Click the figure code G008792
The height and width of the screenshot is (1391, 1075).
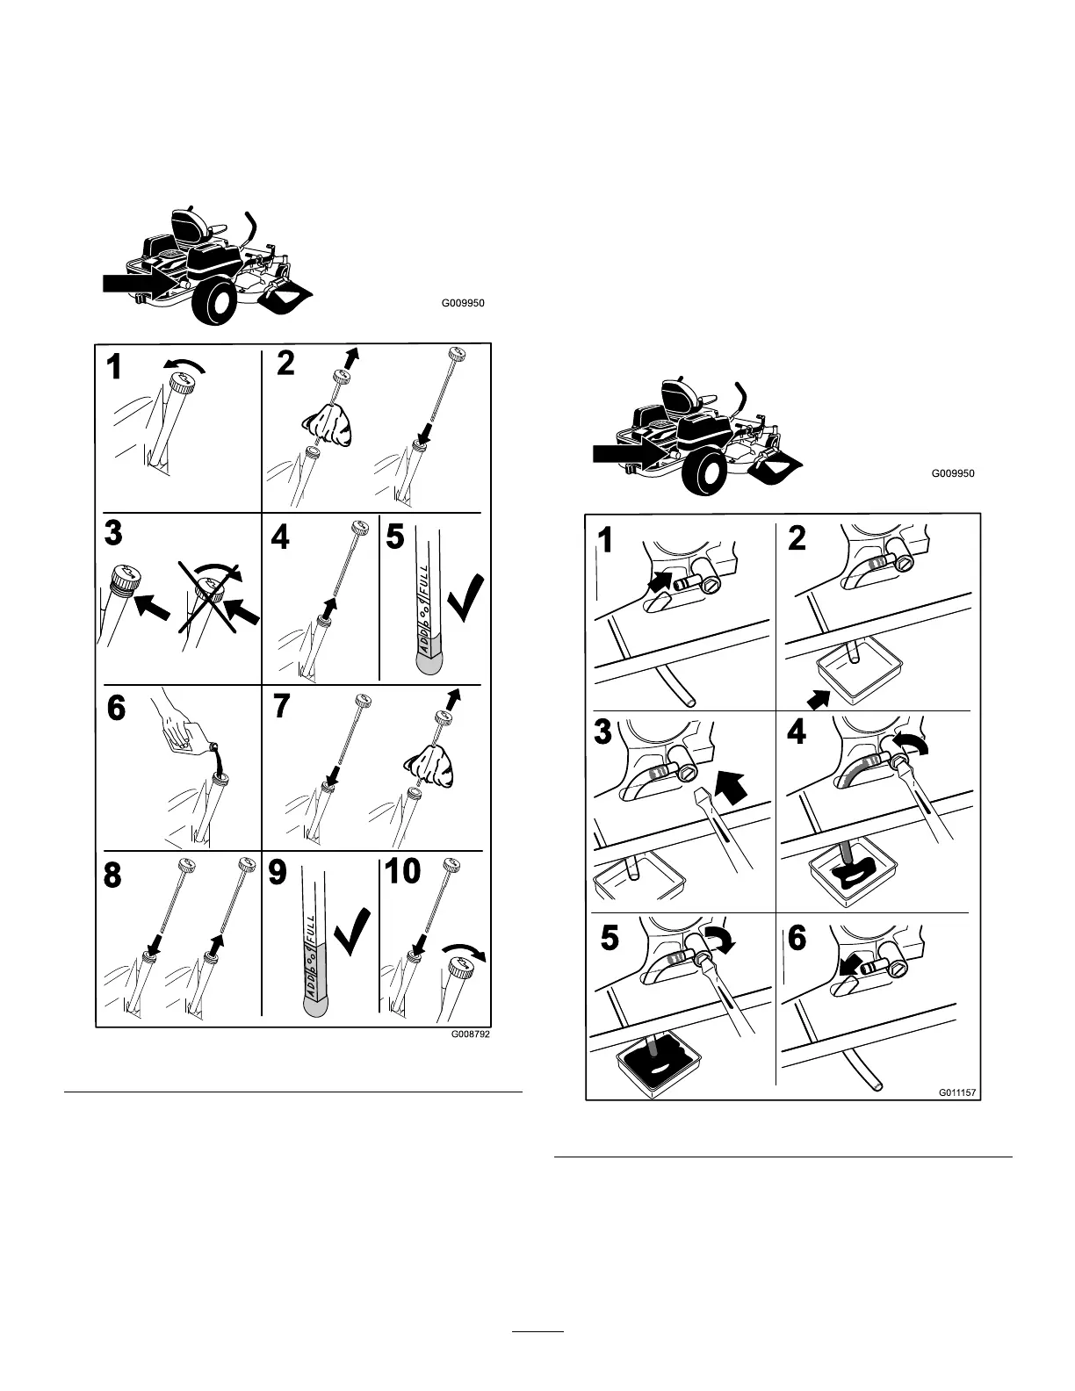click(469, 1034)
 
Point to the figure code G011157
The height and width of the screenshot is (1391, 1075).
click(957, 1093)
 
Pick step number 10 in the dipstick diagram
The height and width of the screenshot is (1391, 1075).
click(402, 871)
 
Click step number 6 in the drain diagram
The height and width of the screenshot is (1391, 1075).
click(796, 939)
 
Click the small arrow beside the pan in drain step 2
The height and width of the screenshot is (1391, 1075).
click(818, 700)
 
